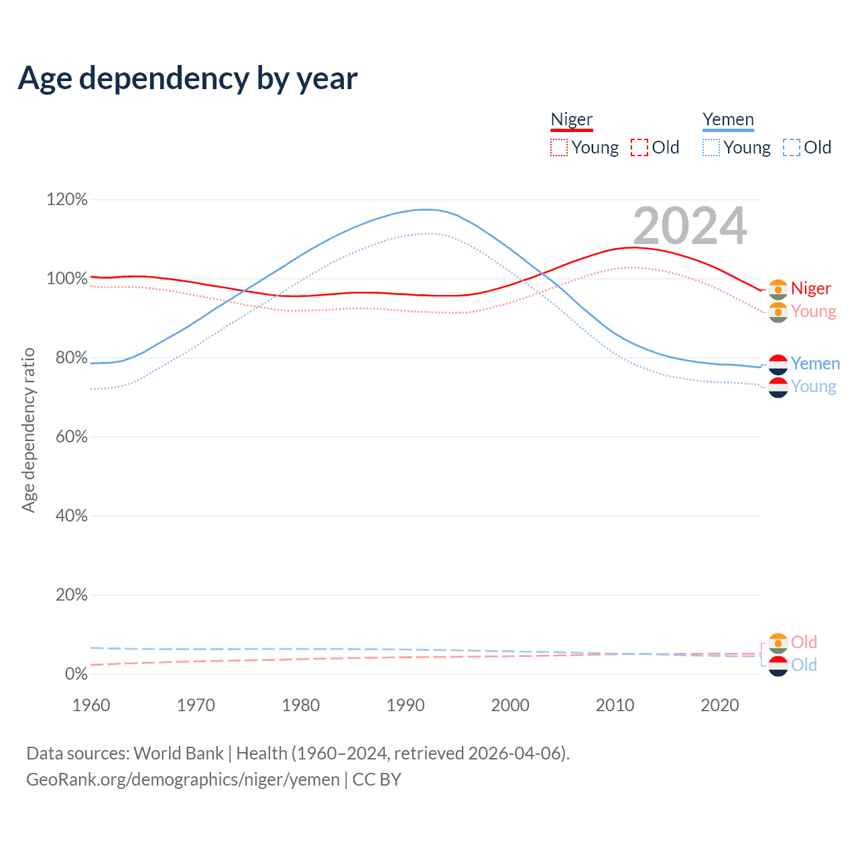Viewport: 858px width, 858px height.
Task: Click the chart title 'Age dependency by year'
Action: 188,78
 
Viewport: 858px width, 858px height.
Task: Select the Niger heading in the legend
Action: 572,119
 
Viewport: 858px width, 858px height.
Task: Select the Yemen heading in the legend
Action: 728,119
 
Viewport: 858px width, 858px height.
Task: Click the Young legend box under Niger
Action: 558,147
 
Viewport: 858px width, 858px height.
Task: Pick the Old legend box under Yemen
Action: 791,147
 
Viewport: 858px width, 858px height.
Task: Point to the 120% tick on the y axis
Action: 67,200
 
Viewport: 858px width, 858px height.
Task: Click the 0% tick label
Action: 76,674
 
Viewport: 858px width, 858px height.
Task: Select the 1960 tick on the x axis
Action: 91,705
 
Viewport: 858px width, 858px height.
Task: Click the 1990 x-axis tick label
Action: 406,705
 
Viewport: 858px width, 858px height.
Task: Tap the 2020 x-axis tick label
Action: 720,705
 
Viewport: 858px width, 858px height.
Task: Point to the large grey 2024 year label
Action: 690,227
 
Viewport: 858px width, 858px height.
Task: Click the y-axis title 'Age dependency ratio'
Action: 28,430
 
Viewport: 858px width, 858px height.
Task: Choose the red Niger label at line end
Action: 810,288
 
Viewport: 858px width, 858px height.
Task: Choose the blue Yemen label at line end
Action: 815,363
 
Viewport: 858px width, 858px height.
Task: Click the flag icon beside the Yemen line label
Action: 778,364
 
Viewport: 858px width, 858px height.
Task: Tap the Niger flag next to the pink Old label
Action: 778,643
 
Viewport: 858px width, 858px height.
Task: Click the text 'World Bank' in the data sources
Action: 178,753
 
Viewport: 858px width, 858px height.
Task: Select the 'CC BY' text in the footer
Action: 377,780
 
